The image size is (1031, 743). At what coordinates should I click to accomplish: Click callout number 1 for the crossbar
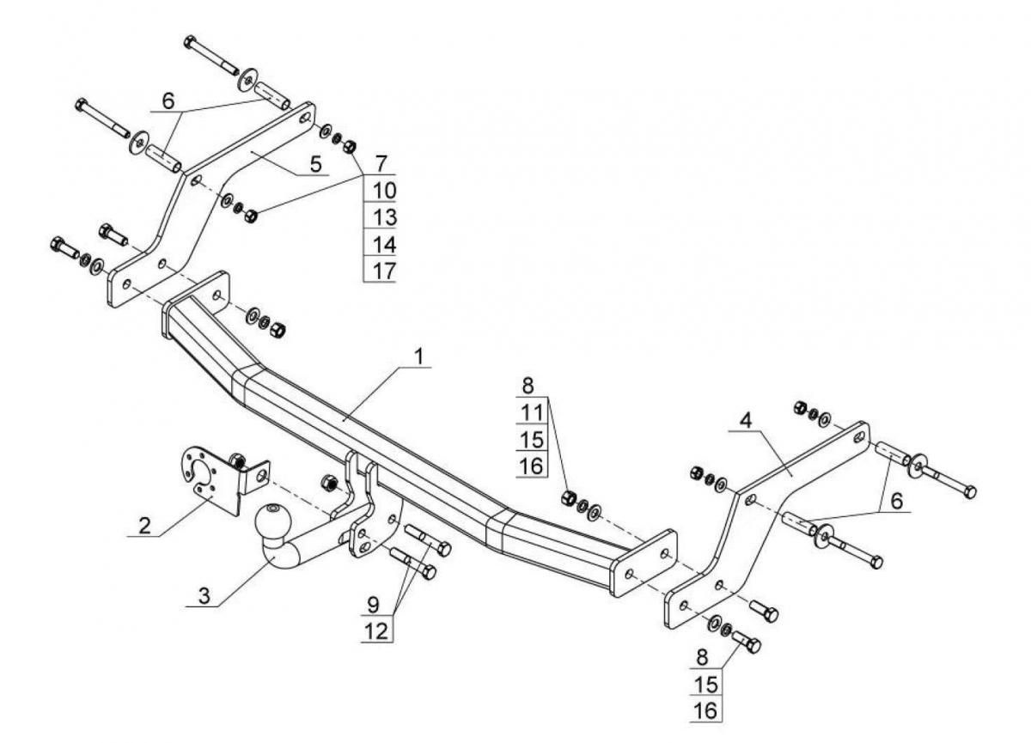click(418, 357)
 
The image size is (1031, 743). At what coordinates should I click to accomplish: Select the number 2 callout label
click(144, 526)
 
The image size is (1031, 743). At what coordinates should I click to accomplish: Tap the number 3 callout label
click(204, 596)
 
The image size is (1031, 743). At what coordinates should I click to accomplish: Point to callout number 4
click(746, 421)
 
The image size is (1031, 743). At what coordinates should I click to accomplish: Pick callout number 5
click(316, 164)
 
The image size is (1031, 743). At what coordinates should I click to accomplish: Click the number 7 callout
click(381, 164)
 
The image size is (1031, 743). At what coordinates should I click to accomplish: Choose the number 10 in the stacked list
click(384, 191)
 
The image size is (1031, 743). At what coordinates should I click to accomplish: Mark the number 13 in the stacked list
click(384, 217)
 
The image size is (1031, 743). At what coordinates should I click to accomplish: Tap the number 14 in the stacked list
click(384, 244)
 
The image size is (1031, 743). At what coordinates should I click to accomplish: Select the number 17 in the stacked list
click(384, 271)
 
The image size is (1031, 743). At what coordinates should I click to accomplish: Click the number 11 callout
click(532, 412)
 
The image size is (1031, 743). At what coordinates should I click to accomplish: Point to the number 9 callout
click(373, 606)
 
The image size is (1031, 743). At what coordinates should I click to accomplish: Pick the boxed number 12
click(377, 631)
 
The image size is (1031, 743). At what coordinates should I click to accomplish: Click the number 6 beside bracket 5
click(168, 100)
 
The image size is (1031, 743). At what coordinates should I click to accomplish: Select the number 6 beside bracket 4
click(897, 501)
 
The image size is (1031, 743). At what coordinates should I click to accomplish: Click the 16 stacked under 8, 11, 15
click(532, 466)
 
